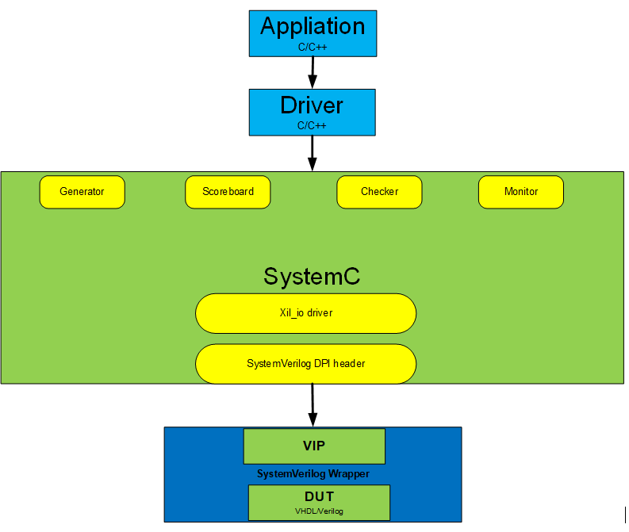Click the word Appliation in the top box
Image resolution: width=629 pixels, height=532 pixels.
point(313,26)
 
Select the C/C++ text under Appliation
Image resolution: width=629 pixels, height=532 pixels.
point(313,48)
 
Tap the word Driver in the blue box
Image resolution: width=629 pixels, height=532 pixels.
point(312,105)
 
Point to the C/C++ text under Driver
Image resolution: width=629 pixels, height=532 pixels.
point(313,125)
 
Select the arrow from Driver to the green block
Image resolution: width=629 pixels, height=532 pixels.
point(313,153)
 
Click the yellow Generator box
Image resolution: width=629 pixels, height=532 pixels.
point(82,192)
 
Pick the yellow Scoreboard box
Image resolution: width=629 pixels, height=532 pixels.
point(228,192)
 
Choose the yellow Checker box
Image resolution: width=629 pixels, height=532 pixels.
point(379,192)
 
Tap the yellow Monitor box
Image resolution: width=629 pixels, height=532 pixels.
point(521,192)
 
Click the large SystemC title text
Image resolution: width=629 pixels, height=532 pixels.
point(312,277)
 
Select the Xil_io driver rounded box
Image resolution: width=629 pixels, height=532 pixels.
point(305,313)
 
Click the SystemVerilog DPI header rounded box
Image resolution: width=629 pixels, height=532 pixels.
point(305,364)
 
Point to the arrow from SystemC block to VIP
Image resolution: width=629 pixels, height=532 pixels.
point(313,405)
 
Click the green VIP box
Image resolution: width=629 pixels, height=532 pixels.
point(314,446)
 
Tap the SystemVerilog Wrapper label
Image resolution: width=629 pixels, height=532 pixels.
point(313,474)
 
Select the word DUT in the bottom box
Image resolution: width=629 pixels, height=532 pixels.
point(320,497)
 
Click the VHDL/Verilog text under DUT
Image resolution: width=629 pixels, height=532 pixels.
point(320,511)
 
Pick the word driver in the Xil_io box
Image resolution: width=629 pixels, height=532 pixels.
point(320,313)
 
